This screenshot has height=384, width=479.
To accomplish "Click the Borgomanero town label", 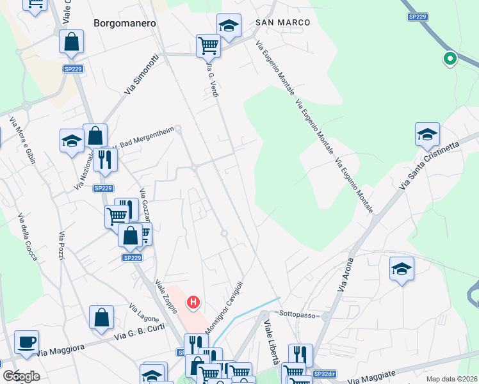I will tap(125, 22).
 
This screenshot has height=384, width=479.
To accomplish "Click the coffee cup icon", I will tap(26, 342).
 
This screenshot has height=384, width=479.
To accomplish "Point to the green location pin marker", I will tap(450, 60).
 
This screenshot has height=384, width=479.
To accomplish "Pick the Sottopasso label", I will tap(298, 314).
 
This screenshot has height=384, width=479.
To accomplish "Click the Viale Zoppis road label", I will tap(166, 297).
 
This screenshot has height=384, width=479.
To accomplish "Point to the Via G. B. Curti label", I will tap(139, 332).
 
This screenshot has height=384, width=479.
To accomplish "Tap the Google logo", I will tap(21, 376).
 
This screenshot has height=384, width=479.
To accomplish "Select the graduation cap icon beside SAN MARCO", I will tap(229, 26).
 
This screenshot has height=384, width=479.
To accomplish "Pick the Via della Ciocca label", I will tap(28, 236).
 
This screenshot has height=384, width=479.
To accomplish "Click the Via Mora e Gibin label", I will tap(22, 140).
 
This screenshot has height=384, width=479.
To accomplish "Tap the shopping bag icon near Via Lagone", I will tap(101, 318).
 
